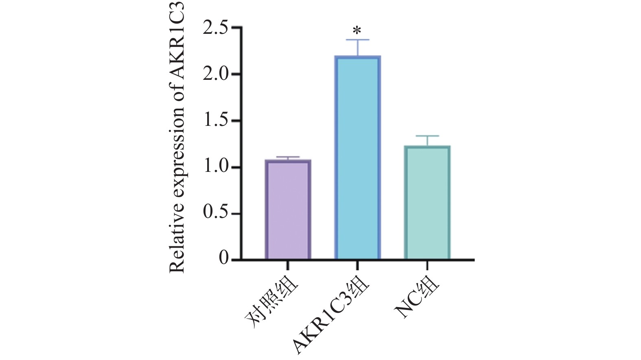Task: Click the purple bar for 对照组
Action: point(288,209)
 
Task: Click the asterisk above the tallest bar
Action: point(357,31)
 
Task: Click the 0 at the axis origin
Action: point(224,259)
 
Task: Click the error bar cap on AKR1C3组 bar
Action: point(357,40)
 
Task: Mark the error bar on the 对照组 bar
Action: point(288,158)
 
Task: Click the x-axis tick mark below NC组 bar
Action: point(427,265)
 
